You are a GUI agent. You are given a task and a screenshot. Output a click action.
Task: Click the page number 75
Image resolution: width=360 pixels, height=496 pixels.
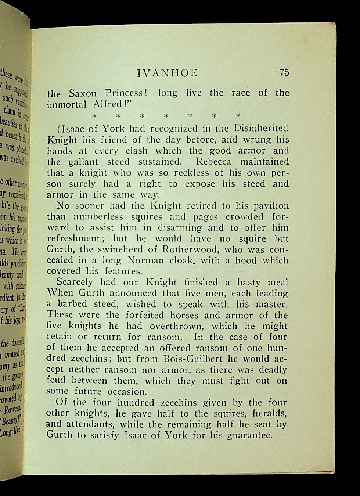coord(284,72)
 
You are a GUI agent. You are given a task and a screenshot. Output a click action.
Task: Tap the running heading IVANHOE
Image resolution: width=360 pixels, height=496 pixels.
coord(167,73)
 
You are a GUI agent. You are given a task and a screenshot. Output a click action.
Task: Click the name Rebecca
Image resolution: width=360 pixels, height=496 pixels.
coord(213,162)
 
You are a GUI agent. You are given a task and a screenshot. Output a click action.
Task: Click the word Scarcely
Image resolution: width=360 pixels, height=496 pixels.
coord(76,283)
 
